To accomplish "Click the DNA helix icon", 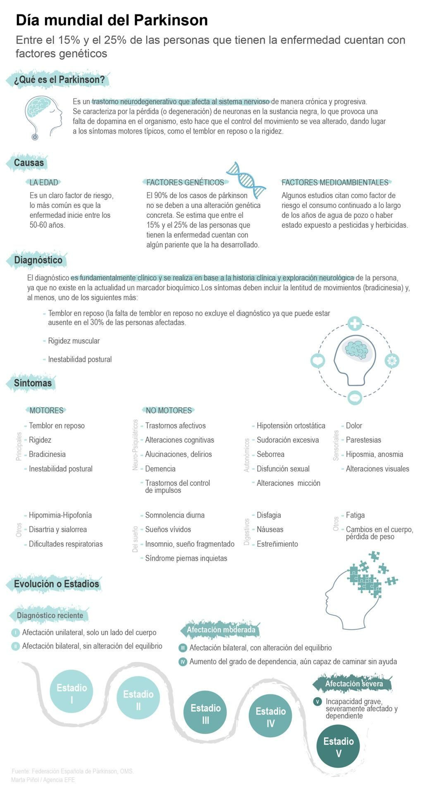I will (246, 180).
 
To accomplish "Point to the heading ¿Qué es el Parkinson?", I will (59, 79).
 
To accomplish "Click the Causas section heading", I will (29, 162).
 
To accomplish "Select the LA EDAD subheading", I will (44, 182).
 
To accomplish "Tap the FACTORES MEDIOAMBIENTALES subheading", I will (335, 182).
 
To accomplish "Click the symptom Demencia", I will (160, 468).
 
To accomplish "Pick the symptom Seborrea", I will (270, 454).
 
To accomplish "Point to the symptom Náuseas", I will (270, 529).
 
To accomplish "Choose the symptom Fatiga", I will (355, 515).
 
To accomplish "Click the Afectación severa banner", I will (354, 683).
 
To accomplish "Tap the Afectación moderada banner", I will (221, 630).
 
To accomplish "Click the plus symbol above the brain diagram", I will (355, 324).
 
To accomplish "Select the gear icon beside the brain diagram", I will (392, 360).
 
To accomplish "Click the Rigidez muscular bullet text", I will (74, 341).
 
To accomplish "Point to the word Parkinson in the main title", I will (171, 20).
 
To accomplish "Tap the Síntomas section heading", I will (33, 383).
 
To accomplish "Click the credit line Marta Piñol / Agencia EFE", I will (43, 780).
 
